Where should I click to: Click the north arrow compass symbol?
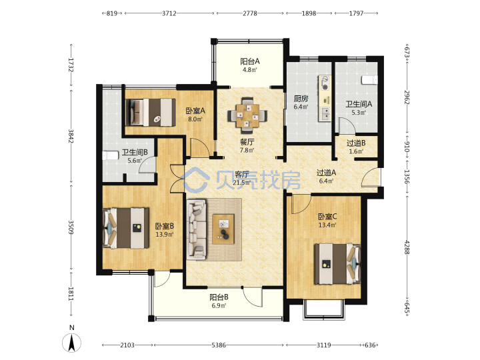point(71,343)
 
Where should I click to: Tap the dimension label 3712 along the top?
point(169,13)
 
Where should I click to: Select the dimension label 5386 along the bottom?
point(219,345)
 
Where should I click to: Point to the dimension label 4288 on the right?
point(407,247)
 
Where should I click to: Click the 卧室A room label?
point(195,111)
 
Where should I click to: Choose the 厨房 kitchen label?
point(301,99)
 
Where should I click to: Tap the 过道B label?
point(356,143)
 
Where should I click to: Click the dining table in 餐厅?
point(247,115)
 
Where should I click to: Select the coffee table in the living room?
point(223,229)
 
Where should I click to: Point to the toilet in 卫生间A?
point(369,80)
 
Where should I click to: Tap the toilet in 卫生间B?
point(111,155)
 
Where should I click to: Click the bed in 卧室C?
point(337,263)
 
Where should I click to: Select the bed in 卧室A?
point(150,113)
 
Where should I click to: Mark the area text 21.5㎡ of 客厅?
point(241,183)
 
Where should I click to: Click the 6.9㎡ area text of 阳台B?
point(219,305)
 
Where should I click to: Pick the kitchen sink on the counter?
point(325,114)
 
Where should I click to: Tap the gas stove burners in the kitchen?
point(325,83)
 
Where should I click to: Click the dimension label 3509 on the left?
point(71,227)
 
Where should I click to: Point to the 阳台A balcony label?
point(250,61)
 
